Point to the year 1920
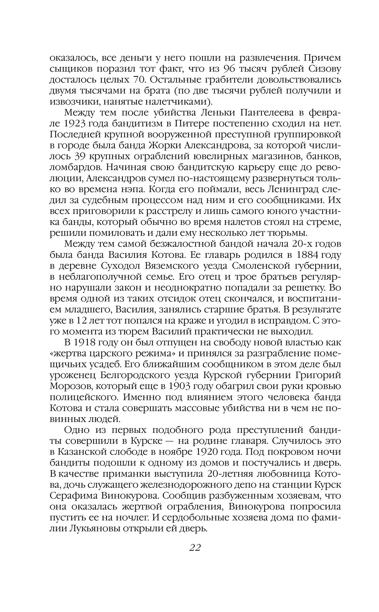208,452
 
